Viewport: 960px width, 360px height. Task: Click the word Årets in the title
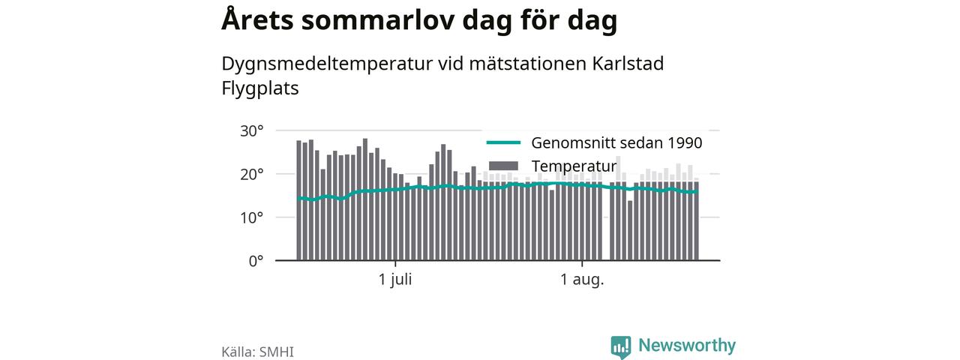point(257,19)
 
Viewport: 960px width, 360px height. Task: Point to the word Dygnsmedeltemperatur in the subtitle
point(327,64)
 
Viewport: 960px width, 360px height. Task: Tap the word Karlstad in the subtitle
point(628,64)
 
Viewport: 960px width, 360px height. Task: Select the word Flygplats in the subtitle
point(259,88)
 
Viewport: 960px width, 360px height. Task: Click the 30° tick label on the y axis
point(251,130)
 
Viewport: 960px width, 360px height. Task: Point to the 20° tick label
point(251,175)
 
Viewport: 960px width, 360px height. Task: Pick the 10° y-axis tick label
point(251,217)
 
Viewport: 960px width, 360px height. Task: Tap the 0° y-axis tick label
point(256,261)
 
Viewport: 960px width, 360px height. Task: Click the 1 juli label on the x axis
point(395,280)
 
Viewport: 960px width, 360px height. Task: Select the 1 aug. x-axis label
point(582,280)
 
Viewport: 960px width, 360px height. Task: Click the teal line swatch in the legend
point(503,142)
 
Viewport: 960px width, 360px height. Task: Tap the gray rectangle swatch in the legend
point(503,166)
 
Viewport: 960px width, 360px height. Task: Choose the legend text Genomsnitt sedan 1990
point(616,142)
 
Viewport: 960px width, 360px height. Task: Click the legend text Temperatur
point(574,166)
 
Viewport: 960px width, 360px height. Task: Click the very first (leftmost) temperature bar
point(298,200)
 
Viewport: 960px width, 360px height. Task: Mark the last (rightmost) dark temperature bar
point(697,220)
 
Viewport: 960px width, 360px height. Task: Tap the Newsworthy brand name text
point(687,345)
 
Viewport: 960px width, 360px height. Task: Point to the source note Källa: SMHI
point(257,352)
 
